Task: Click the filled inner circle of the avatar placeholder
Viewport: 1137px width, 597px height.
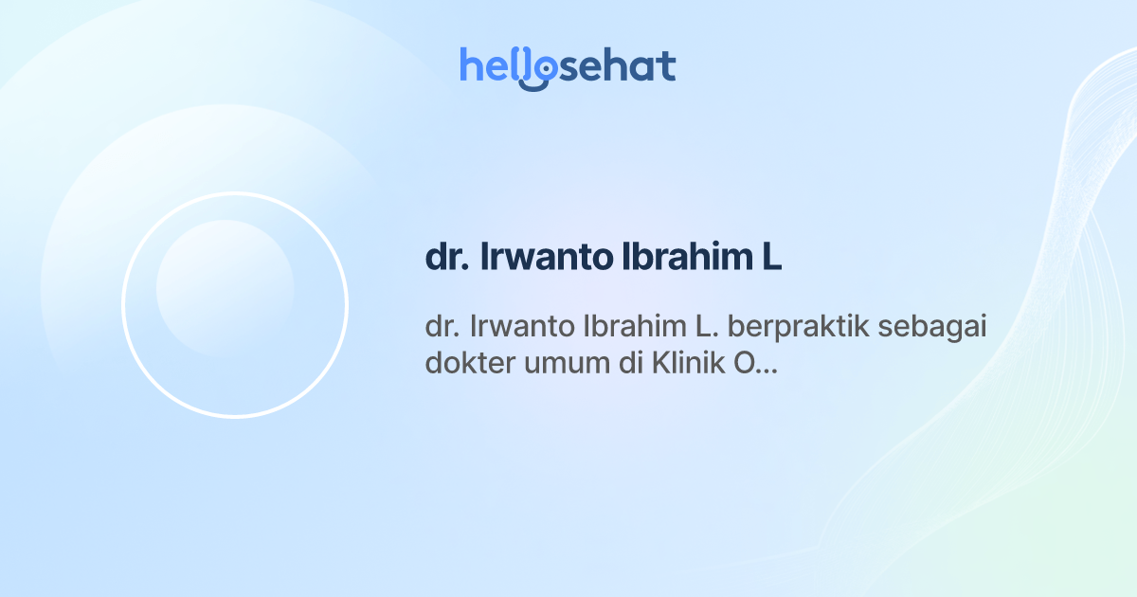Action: point(225,288)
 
